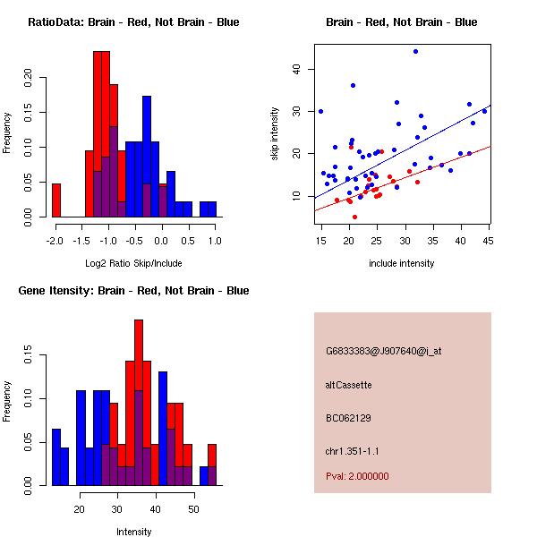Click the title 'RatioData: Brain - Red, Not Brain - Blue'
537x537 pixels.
[x=133, y=22]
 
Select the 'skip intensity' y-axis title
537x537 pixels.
[x=276, y=134]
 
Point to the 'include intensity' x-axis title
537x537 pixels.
[x=402, y=264]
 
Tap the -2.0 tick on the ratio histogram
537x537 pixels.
[x=55, y=240]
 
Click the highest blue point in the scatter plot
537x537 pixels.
[x=415, y=51]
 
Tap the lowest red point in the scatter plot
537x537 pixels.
[x=354, y=217]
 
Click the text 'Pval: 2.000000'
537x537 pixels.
[x=359, y=477]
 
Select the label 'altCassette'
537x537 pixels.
[x=349, y=385]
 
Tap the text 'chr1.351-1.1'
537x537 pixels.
[x=352, y=450]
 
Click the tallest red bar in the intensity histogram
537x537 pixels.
[x=139, y=403]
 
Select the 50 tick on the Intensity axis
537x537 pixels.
[x=193, y=508]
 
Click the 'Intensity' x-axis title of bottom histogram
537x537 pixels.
[x=133, y=532]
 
